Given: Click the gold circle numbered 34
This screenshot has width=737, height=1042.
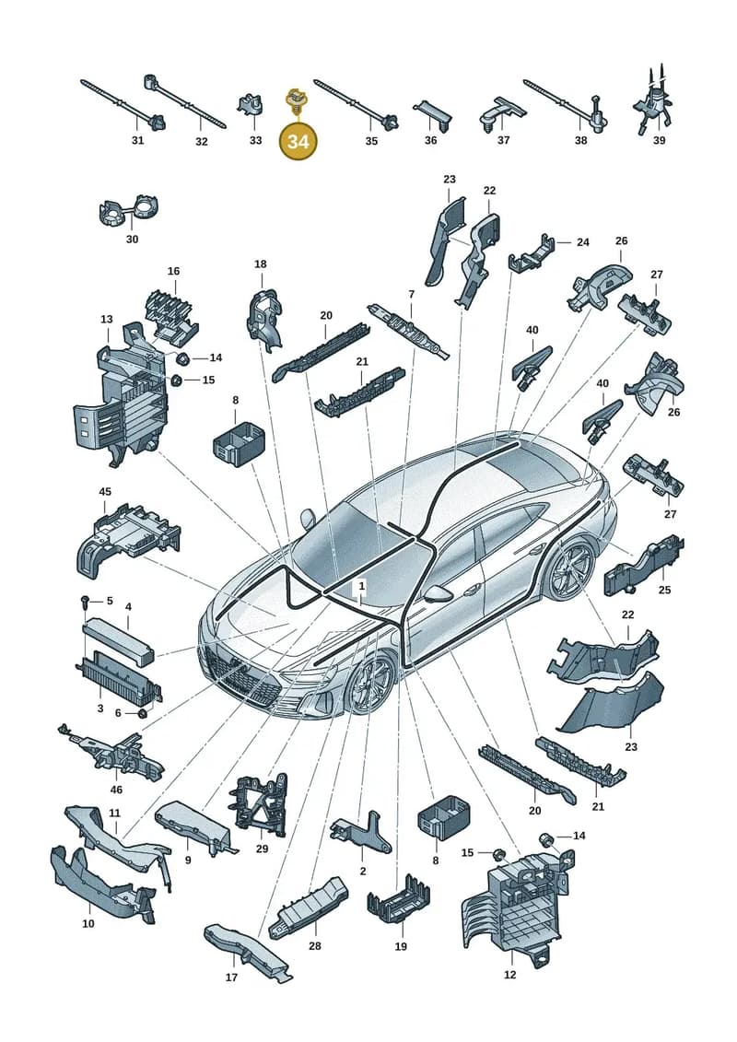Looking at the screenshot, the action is click(298, 141).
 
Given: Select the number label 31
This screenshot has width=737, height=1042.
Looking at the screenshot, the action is click(137, 140).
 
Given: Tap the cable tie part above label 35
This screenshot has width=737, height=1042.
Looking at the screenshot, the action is click(357, 104).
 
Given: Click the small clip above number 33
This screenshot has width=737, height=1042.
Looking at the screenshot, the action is click(250, 105).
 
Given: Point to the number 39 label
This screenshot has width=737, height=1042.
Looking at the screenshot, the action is click(659, 140).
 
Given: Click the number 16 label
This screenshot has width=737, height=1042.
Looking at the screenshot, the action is click(173, 271).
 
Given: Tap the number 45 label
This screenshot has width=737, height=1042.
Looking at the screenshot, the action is click(105, 492).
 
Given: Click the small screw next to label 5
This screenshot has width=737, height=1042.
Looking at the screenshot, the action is click(85, 602).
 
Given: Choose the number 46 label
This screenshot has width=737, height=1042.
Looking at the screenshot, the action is click(116, 790).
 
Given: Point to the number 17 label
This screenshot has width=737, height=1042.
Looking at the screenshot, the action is click(231, 978).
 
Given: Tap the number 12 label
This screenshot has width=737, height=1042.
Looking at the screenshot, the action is click(509, 975).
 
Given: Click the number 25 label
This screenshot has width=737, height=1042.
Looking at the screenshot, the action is click(664, 590).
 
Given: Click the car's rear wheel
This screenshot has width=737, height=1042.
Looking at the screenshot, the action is click(570, 568).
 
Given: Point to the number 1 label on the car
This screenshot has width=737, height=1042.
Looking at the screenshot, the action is click(361, 586).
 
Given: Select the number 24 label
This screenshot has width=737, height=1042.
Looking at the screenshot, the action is click(583, 242).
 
